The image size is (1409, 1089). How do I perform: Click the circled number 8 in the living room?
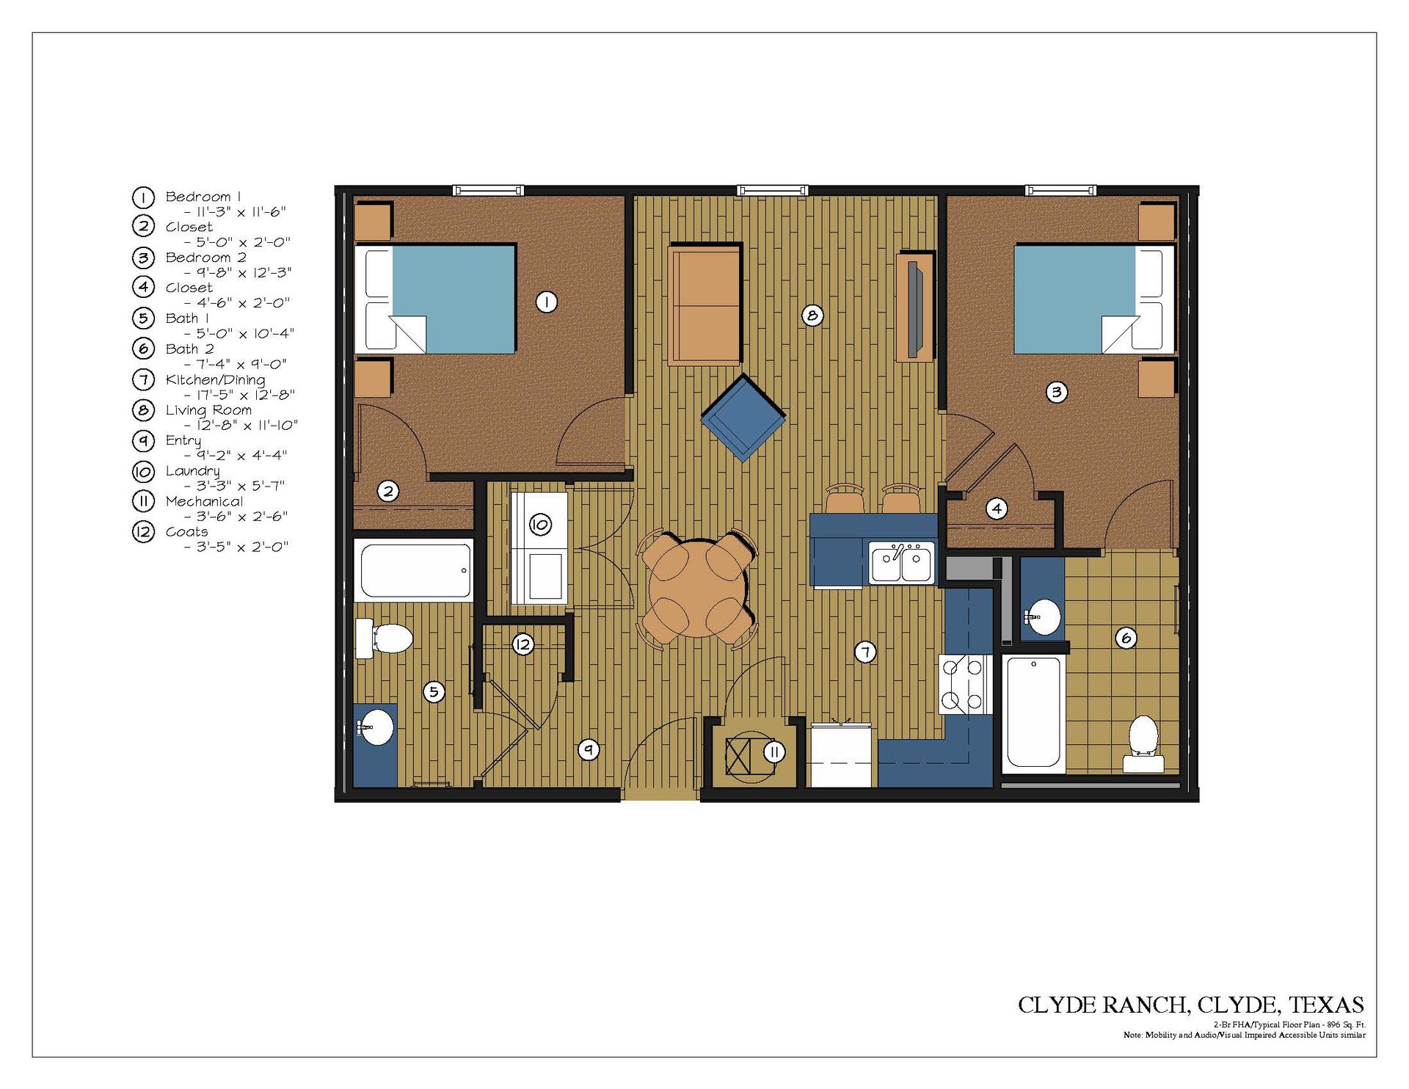point(812,316)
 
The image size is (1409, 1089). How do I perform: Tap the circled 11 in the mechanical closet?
point(774,751)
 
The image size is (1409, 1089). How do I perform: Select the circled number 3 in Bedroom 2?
point(1056,392)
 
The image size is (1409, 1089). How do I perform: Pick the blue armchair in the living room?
point(743,417)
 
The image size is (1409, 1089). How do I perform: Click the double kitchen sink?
point(902,563)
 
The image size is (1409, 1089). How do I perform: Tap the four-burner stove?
point(965,684)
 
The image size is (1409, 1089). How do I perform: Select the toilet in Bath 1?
point(385,638)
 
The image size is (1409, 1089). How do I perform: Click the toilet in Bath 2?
point(1143,743)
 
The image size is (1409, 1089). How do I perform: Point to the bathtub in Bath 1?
point(414,569)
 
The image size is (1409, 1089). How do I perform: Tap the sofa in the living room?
point(704,305)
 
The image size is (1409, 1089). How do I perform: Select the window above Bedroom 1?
point(488,191)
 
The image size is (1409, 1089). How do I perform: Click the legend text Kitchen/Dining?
point(215,379)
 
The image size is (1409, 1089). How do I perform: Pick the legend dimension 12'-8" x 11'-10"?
point(241,425)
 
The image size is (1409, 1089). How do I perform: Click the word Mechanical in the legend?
point(204,501)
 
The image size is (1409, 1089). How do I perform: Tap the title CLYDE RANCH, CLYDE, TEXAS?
point(1191,1005)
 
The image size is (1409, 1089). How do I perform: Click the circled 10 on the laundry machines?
point(540,524)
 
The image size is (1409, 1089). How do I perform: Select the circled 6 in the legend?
point(144,348)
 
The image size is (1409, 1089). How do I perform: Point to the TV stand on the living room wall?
point(914,307)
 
